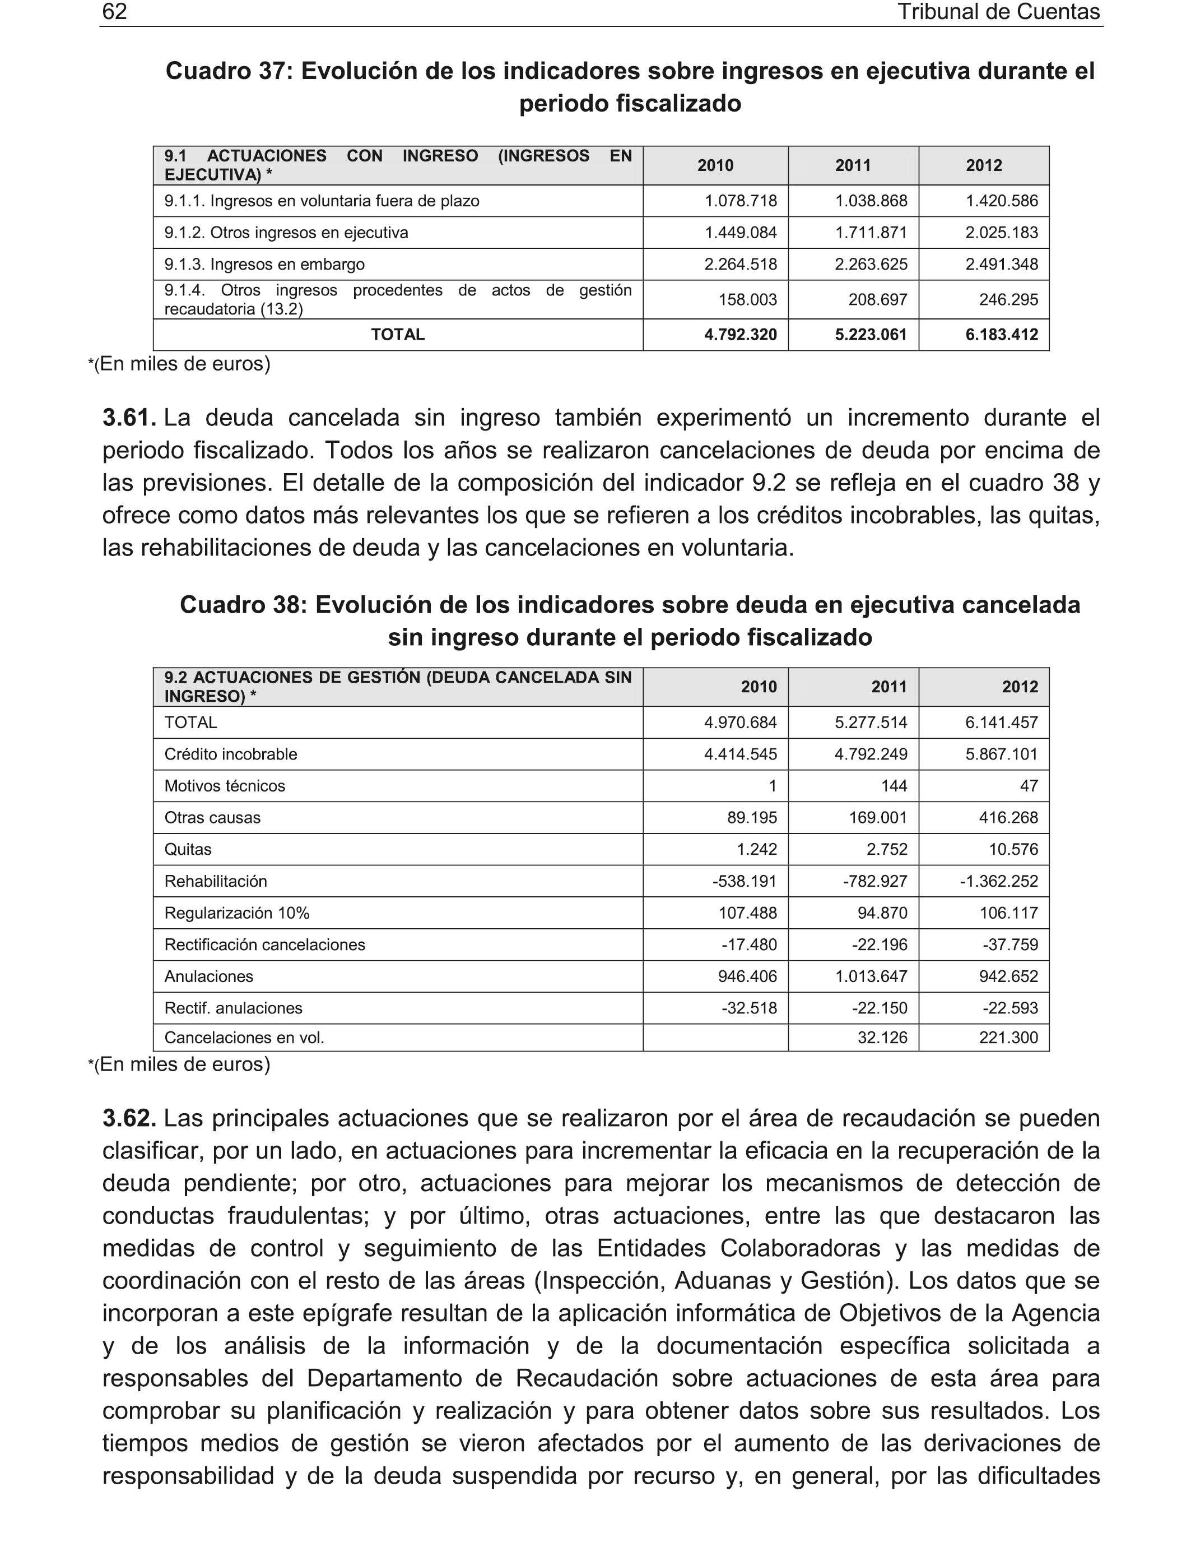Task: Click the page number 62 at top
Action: coord(115,12)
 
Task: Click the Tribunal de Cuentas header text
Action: coord(998,12)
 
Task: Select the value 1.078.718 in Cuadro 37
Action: coord(740,201)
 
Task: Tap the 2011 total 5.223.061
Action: coord(871,335)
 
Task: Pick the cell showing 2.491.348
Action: coord(1001,265)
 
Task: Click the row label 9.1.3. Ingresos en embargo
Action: coord(264,265)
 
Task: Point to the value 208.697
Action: coord(878,300)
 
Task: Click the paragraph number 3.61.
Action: coord(129,418)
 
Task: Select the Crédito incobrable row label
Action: coord(230,754)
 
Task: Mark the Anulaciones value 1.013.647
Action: coord(871,976)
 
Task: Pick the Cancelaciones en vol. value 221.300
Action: coord(1008,1038)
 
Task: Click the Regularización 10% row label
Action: coord(237,914)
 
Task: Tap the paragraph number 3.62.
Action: coord(129,1118)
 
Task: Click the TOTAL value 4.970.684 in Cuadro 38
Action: coord(740,723)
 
